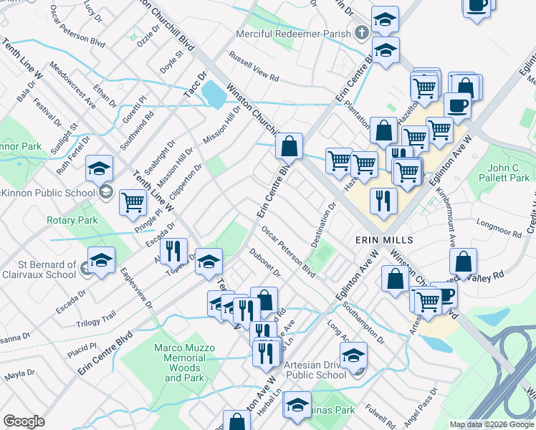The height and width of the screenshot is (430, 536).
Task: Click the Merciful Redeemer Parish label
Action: (x=294, y=34)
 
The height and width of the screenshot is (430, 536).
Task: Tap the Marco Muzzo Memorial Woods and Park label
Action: (x=185, y=363)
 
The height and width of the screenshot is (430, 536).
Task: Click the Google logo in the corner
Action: (x=24, y=421)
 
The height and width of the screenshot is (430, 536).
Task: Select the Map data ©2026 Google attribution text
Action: (x=492, y=424)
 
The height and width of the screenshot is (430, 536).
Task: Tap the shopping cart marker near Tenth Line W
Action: (x=133, y=204)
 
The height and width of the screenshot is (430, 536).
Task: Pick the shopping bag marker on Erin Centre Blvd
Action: (x=289, y=147)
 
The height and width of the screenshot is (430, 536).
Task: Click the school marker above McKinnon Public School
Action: (x=99, y=169)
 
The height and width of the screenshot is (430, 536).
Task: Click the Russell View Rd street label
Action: (x=253, y=65)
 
